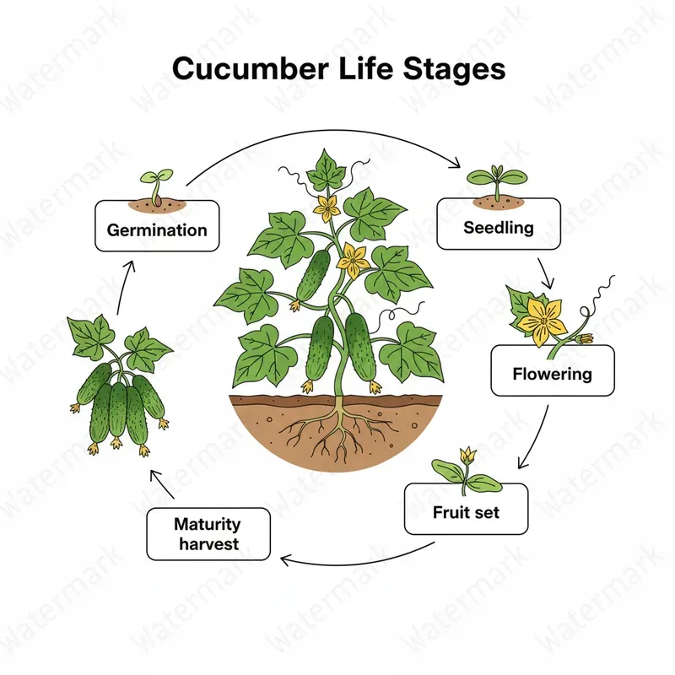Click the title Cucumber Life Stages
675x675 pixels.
pos(338,69)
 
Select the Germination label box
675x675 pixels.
pos(157,226)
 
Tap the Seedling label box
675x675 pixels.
pos(498,224)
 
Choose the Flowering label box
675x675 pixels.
pos(553,371)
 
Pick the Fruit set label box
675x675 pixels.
pos(466,510)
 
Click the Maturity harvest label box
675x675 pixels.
pos(208,535)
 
